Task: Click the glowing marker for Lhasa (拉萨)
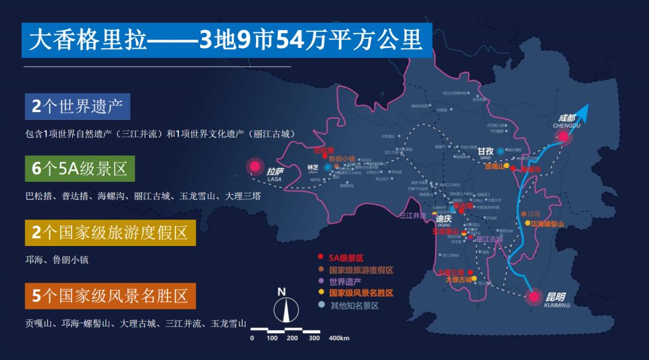pos(255,166)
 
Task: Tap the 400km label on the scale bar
pos(340,338)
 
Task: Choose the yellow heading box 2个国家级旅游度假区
pos(111,233)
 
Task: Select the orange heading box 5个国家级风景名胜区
pos(111,296)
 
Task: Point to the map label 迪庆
pos(443,219)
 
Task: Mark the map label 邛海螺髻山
pos(547,224)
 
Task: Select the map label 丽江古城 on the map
pos(489,239)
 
